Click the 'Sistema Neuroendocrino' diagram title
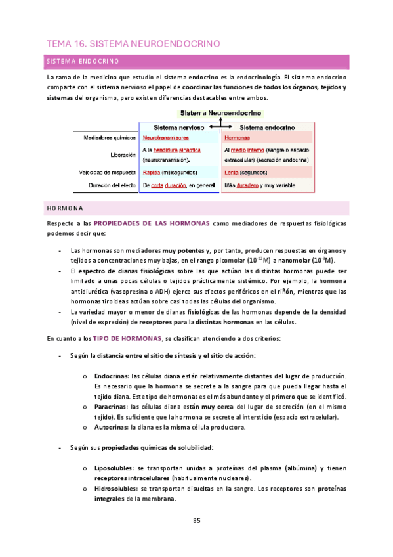pyautogui.click(x=220, y=113)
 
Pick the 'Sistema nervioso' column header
pyautogui.click(x=178, y=127)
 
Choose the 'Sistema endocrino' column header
pyautogui.click(x=266, y=127)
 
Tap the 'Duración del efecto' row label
pyautogui.click(x=110, y=186)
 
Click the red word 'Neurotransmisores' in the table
pyautogui.click(x=166, y=139)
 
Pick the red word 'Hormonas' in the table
pyautogui.click(x=236, y=139)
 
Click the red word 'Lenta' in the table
pyautogui.click(x=231, y=173)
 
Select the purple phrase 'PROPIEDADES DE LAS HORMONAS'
pyautogui.click(x=152, y=223)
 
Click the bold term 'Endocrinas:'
pyautogui.click(x=112, y=376)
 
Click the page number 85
pyautogui.click(x=196, y=521)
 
